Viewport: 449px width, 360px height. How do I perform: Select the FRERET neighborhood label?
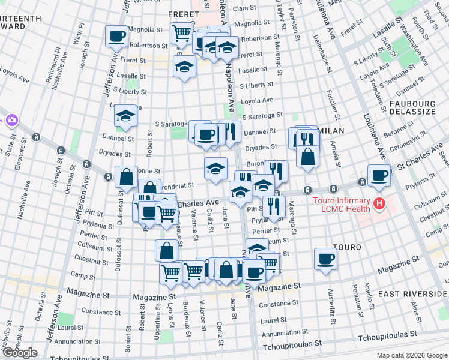184,13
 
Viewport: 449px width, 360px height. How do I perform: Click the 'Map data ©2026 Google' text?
411,355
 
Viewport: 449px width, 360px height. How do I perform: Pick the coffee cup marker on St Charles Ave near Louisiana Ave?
379,175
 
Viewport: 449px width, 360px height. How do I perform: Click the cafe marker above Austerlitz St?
325,258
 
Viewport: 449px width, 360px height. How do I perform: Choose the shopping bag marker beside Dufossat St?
127,177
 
